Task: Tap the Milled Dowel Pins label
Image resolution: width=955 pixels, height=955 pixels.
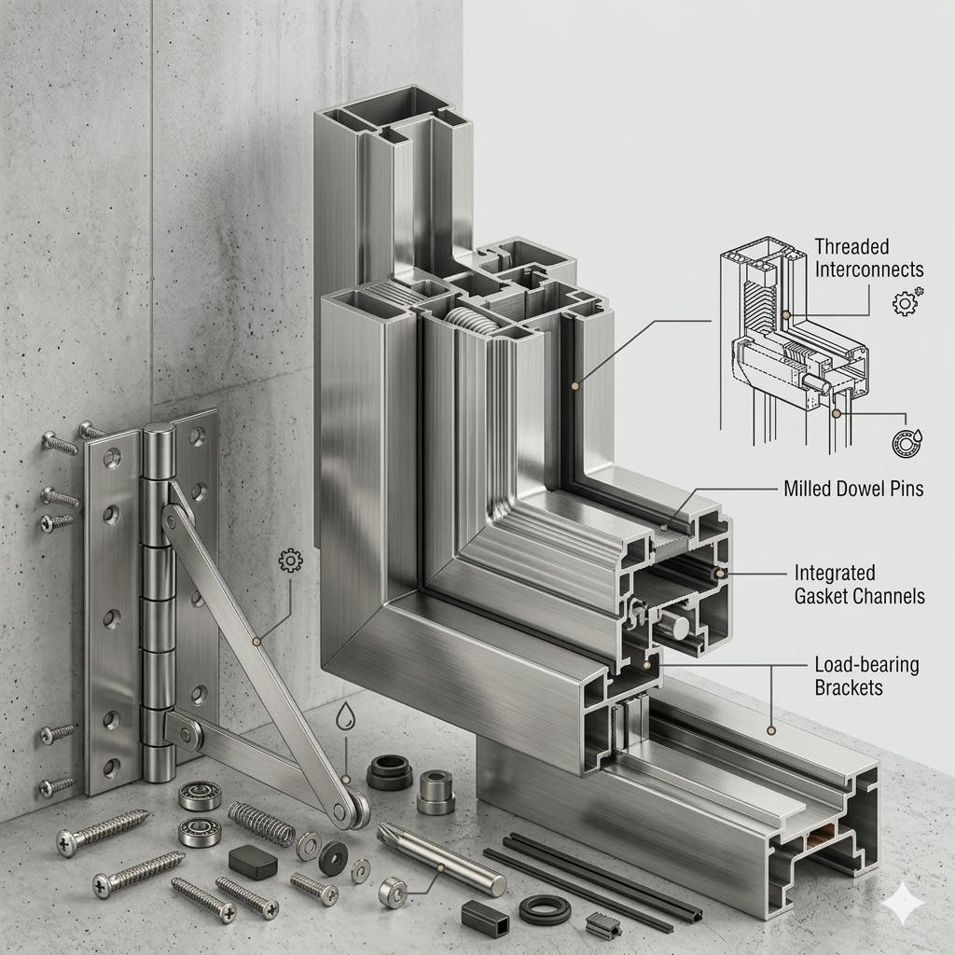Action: [x=853, y=489]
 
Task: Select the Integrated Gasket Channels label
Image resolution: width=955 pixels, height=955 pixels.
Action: [x=859, y=584]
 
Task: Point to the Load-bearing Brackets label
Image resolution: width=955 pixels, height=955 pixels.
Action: [x=866, y=676]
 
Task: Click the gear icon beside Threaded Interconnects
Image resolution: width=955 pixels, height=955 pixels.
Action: [x=907, y=301]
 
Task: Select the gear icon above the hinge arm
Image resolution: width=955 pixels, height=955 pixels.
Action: [x=290, y=561]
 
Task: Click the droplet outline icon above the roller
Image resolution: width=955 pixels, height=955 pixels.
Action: [x=345, y=715]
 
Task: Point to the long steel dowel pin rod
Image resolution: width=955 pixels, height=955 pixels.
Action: [x=441, y=859]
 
